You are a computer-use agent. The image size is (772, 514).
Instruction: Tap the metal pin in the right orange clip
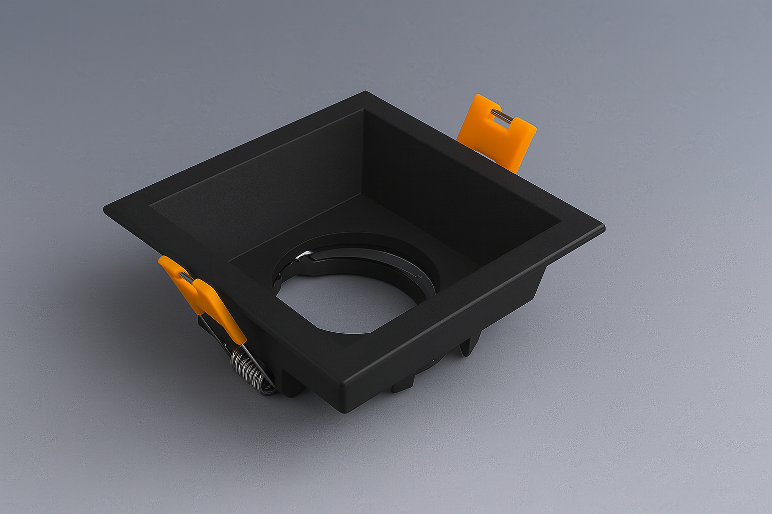[x=502, y=117]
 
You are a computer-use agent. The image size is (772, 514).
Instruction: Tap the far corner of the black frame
[x=365, y=93]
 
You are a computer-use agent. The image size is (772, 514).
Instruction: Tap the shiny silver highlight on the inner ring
[x=304, y=256]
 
